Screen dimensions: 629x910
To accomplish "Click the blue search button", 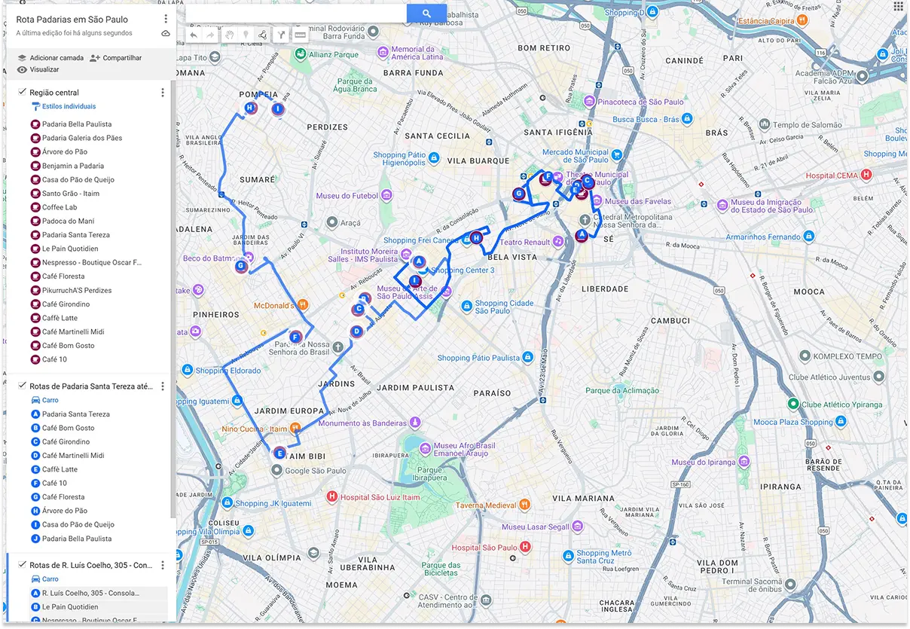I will coord(426,14).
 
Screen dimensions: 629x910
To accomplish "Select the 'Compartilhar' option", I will coord(121,58).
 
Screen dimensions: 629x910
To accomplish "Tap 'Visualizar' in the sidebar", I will coord(44,70).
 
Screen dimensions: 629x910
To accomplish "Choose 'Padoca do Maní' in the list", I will coord(68,221).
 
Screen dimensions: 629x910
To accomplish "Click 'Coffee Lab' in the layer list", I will coord(60,207).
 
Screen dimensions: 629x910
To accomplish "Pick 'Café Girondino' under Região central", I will coord(66,304).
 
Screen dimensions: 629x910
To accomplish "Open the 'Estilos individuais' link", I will coord(69,107).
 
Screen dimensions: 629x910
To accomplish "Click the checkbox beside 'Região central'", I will coord(23,92).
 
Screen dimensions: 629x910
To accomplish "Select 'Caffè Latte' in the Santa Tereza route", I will coord(60,469).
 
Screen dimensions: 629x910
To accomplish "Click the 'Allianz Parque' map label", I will coord(335,55).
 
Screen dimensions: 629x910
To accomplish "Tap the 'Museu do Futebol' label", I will coord(347,197).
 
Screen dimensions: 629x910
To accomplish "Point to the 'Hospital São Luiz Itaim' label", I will coord(380,497).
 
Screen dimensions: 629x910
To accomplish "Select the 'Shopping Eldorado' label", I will coord(227,371).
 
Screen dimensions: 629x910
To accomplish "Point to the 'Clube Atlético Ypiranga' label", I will coord(841,405).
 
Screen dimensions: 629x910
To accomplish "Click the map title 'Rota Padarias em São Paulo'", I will coord(72,20).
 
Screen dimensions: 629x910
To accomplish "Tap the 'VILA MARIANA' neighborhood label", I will coord(583,499).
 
